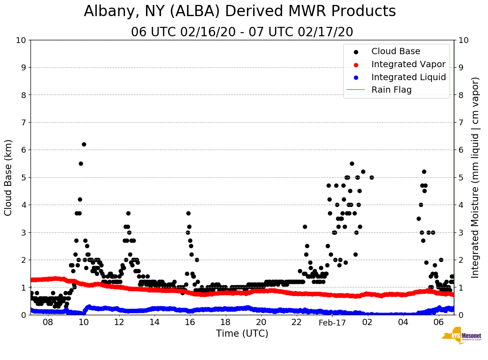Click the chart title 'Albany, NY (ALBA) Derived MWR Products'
click(x=240, y=12)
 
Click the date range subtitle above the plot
click(x=242, y=32)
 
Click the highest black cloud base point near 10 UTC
click(x=84, y=144)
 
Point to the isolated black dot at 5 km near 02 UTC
click(x=371, y=177)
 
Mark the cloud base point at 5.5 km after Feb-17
click(x=352, y=163)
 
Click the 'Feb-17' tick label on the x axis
click(x=333, y=322)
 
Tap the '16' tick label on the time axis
click(x=190, y=322)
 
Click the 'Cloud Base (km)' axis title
click(x=9, y=177)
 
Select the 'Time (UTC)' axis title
click(x=242, y=334)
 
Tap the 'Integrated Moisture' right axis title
click(x=476, y=177)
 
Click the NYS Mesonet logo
click(x=461, y=338)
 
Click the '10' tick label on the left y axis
click(x=20, y=40)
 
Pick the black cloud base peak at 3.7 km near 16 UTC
click(x=188, y=213)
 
